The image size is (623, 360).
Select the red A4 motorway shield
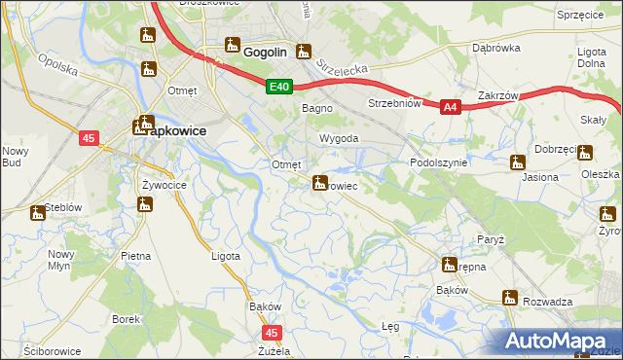click(450, 109)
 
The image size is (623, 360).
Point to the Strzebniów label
click(394, 102)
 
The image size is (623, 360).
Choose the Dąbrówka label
click(494, 47)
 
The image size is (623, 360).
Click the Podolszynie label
click(439, 162)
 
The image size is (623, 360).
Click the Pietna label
click(135, 256)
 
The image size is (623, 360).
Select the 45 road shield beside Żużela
click(271, 333)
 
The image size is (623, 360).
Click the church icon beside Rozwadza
click(508, 298)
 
